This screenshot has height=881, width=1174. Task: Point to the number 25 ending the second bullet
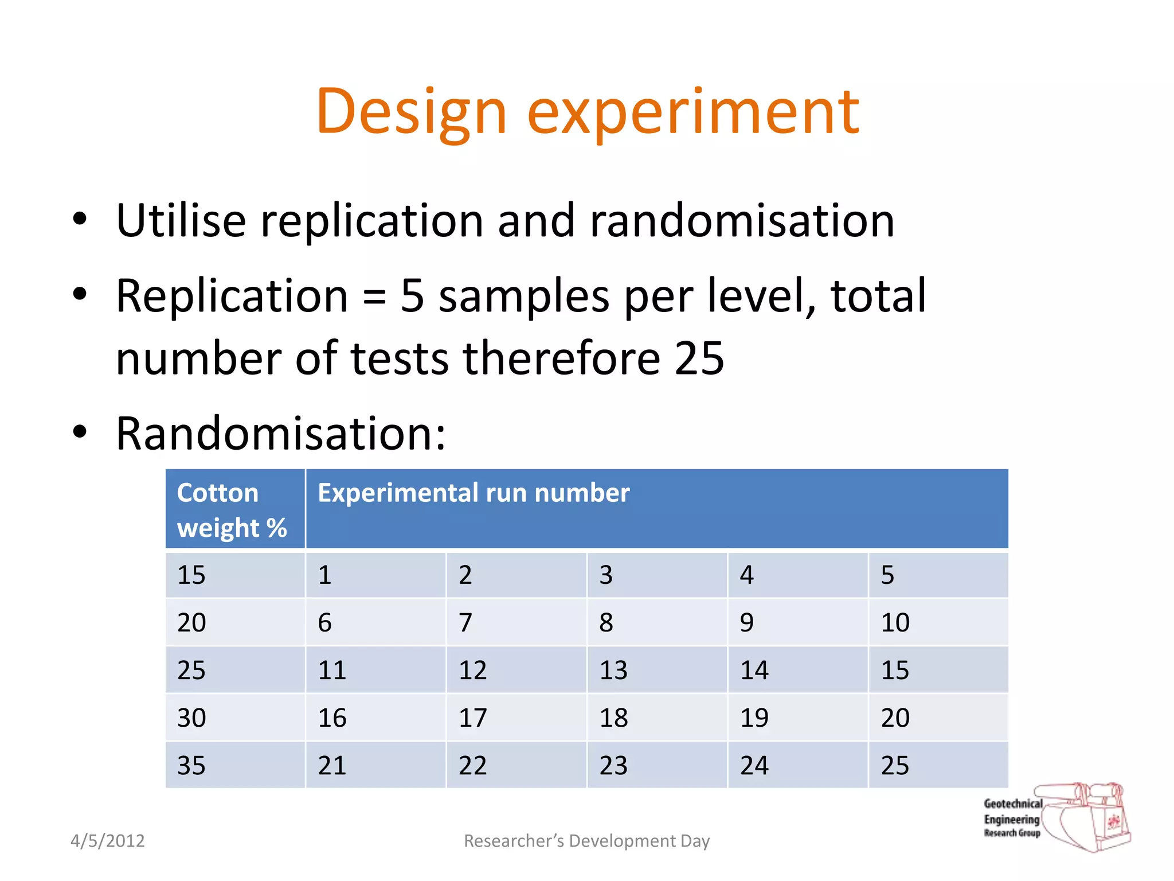pos(699,358)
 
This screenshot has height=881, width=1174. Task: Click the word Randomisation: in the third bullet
pos(280,434)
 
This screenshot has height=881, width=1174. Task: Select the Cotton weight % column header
pos(232,510)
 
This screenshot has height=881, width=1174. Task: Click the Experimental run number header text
pos(473,493)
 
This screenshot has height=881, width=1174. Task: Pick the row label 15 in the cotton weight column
pos(191,575)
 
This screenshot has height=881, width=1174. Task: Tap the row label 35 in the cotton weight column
pos(191,766)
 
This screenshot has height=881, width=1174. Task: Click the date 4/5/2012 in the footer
pos(107,841)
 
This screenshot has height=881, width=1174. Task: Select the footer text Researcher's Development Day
pos(586,841)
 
